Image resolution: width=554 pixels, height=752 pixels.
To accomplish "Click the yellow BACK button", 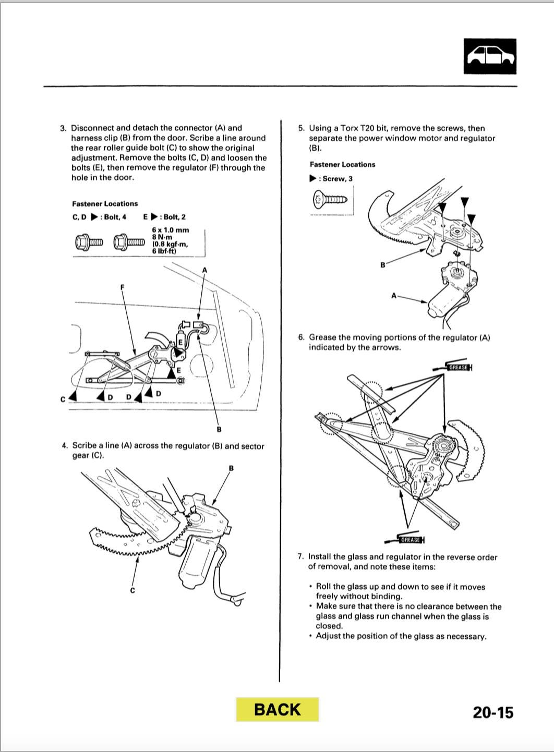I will pos(277,709).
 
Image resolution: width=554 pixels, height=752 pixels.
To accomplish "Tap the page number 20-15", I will pos(493,712).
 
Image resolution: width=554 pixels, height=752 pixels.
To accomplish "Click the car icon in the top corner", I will pos(490,56).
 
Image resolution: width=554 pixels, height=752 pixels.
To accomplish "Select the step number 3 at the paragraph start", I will pos(63,128).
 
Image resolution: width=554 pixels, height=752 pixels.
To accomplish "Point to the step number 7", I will pos(300,557).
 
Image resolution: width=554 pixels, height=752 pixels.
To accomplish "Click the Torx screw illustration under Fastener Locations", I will pos(330,199).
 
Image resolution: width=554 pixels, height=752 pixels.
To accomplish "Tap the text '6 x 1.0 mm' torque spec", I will pos(171,230).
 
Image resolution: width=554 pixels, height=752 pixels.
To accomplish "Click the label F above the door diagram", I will pos(122,287).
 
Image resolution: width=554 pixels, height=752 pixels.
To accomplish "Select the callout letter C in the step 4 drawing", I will pos(133,590).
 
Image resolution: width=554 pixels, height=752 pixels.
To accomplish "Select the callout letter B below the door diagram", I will pos(219,429).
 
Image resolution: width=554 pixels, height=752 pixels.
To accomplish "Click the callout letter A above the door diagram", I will pos(204,270).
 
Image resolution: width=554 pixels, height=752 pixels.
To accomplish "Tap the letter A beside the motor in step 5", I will pos(394,296).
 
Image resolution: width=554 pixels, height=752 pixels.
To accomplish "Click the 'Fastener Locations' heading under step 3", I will pos(105,204).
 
